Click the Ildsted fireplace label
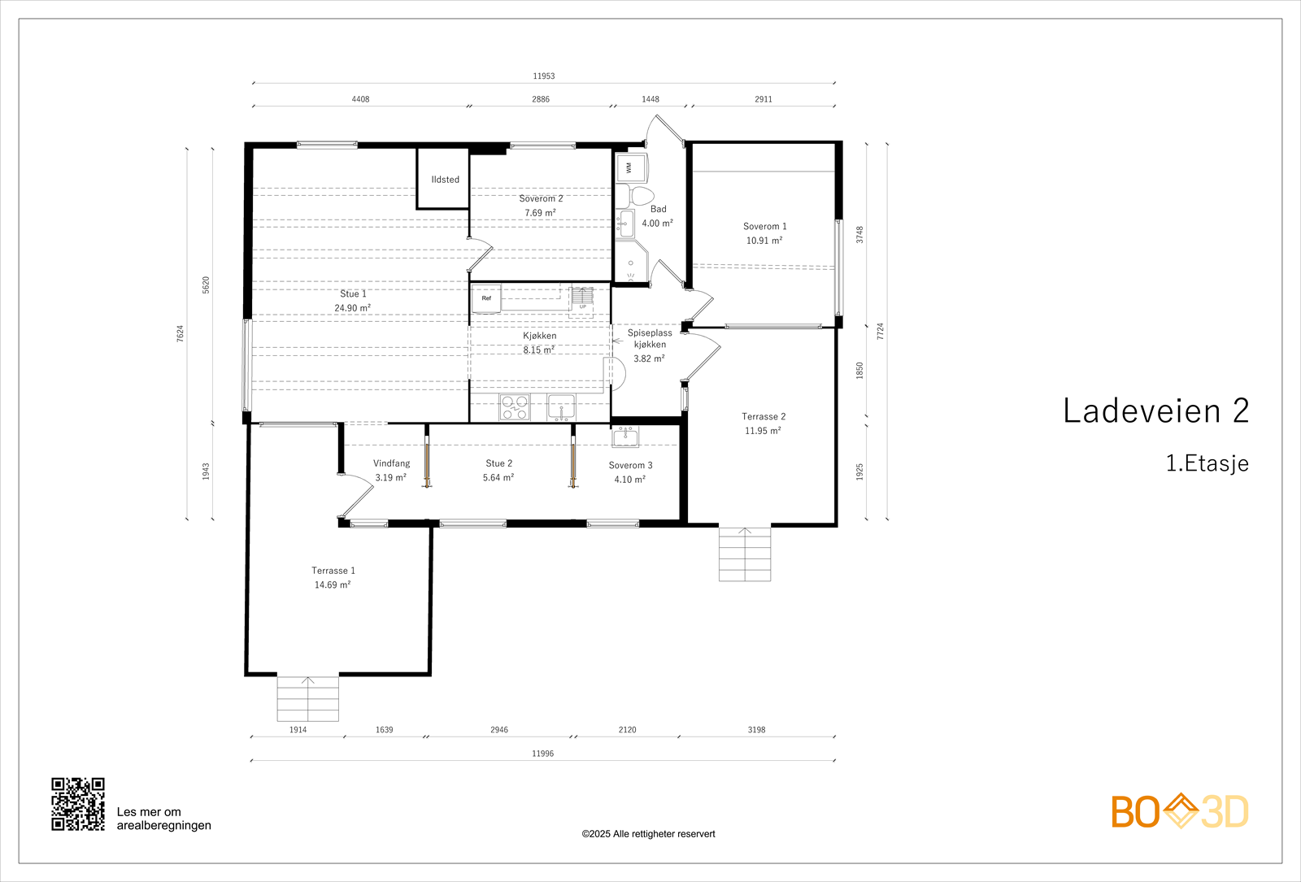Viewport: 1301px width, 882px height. click(445, 180)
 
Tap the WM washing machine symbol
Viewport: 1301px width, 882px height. click(630, 167)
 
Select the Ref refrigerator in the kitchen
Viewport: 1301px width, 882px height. click(486, 298)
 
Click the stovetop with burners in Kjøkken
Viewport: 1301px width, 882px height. click(515, 406)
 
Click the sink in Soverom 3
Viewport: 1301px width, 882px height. click(625, 436)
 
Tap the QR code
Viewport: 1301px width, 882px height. click(78, 804)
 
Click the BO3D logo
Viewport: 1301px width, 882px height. click(1180, 811)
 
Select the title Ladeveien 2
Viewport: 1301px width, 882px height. click(1155, 411)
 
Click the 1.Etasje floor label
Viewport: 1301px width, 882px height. click(1207, 463)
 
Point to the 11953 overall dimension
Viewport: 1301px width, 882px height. click(544, 76)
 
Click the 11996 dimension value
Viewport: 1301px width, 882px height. click(543, 754)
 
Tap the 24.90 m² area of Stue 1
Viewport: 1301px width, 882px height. click(353, 308)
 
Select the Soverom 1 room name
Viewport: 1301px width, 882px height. click(764, 227)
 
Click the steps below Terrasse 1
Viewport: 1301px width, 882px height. click(308, 699)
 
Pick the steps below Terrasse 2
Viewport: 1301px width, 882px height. click(745, 554)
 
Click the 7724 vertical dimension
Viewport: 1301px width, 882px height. click(880, 332)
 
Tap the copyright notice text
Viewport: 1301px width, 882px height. click(648, 834)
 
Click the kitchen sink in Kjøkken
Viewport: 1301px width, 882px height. click(561, 407)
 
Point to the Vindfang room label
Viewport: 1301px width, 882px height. click(391, 463)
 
